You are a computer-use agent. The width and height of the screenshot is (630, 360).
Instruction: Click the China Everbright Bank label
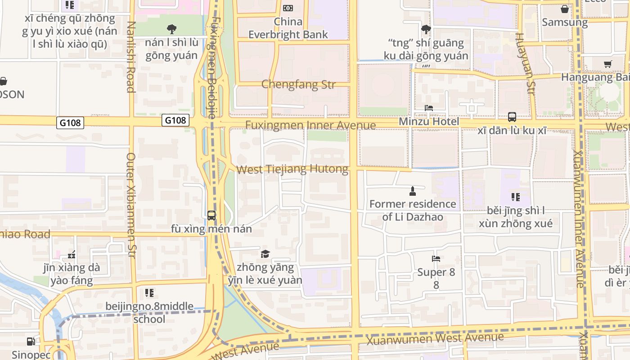pos(288,28)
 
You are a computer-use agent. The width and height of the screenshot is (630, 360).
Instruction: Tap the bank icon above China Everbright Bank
pos(288,8)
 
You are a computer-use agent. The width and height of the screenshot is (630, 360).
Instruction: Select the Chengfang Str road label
pos(298,84)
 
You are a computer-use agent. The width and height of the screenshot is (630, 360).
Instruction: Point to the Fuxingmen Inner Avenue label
pos(310,125)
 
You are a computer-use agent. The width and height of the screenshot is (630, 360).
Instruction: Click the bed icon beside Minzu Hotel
pos(429,108)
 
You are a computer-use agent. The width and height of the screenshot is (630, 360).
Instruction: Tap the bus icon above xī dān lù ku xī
pos(512,117)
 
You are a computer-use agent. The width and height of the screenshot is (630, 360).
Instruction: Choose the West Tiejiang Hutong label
pos(292,170)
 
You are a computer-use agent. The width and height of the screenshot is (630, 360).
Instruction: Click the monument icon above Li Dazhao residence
pos(412,192)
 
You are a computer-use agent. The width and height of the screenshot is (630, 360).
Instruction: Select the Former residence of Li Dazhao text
pos(413,210)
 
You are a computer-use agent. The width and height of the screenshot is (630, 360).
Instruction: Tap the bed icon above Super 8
pos(436,259)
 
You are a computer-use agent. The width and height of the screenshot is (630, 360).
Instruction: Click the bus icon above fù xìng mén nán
pos(211,216)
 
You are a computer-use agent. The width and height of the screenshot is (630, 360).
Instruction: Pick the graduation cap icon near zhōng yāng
pos(265,254)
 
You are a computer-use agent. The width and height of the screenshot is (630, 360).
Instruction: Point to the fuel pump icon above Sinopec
pos(31,342)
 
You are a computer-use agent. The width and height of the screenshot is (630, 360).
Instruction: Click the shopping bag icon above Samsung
pos(564,9)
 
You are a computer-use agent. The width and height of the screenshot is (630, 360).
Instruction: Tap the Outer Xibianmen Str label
pos(131,205)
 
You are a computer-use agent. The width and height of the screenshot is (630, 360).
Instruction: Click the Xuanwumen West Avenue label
pos(435,338)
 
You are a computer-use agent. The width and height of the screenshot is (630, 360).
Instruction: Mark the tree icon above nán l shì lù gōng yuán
pos(171,29)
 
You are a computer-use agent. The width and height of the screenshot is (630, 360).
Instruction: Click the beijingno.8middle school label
pos(149,313)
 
